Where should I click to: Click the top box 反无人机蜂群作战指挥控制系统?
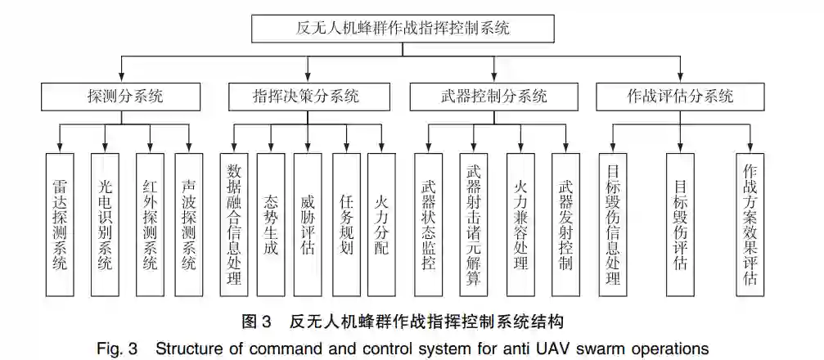(x=400, y=29)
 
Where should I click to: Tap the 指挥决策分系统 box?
(x=306, y=97)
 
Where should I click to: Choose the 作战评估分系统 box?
(x=679, y=97)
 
